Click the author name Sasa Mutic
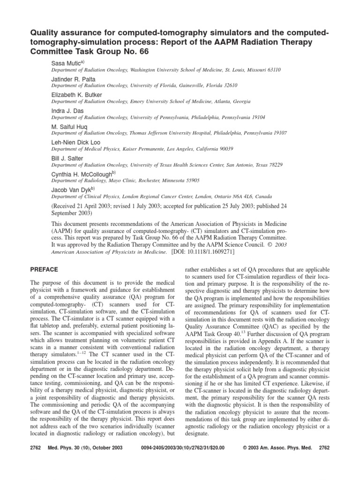tap(66, 62)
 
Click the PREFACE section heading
tap(44, 270)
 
